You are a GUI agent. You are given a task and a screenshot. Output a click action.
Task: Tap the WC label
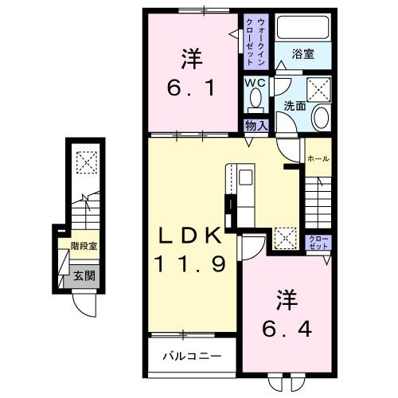click(x=253, y=82)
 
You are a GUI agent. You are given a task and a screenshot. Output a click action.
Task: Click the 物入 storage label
click(x=255, y=125)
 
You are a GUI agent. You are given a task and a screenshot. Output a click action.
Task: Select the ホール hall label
click(x=318, y=158)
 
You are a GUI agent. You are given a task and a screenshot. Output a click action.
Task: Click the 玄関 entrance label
click(x=84, y=276)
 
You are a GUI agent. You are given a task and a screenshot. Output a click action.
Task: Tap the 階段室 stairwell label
click(x=83, y=248)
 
